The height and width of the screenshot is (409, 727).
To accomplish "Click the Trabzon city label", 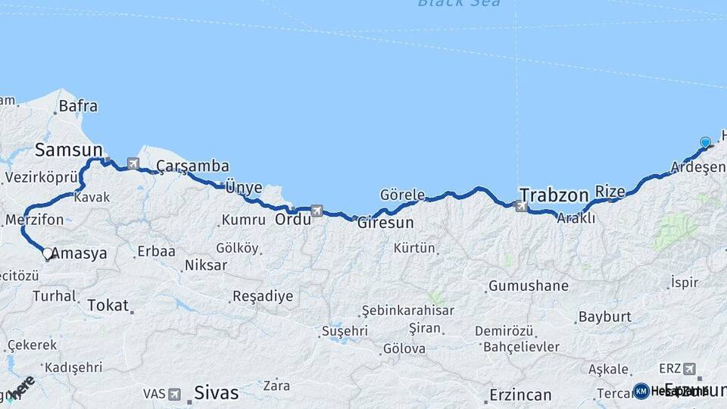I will [x=554, y=195].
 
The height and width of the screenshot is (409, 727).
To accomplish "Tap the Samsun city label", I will [x=68, y=150].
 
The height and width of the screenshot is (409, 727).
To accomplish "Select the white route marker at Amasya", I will [x=48, y=253].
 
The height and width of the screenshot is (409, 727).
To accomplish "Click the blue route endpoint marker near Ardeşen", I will [x=705, y=142].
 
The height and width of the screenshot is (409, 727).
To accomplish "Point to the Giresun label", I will [x=385, y=223].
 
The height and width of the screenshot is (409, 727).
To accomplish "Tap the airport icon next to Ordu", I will [x=317, y=211].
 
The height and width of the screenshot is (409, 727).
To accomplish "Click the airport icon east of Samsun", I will [x=134, y=163].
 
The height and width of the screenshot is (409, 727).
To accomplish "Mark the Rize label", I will [x=610, y=191].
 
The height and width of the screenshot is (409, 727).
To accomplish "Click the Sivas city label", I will [x=217, y=393].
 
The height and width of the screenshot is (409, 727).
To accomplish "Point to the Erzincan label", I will [x=520, y=395].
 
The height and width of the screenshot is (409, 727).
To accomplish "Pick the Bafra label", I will [x=78, y=106].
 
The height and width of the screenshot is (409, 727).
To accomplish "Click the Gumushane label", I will [x=528, y=286].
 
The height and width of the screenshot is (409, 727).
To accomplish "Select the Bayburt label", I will [x=604, y=317].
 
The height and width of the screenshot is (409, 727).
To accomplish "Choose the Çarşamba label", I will [x=192, y=166].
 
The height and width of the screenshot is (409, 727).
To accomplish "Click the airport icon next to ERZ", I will [x=689, y=369].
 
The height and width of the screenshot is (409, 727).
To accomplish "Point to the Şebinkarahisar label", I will [x=407, y=311].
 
